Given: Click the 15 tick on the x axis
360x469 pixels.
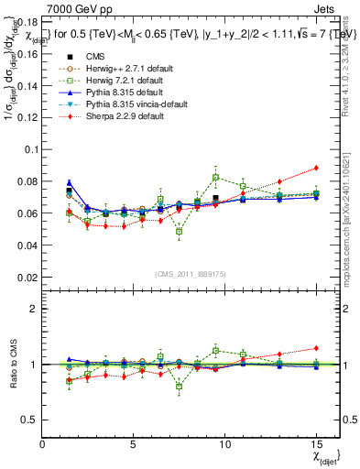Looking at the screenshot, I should [316, 444].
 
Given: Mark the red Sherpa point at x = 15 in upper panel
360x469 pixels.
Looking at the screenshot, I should [316, 168].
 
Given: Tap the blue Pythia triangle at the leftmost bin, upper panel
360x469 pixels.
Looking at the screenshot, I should [70, 183].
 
